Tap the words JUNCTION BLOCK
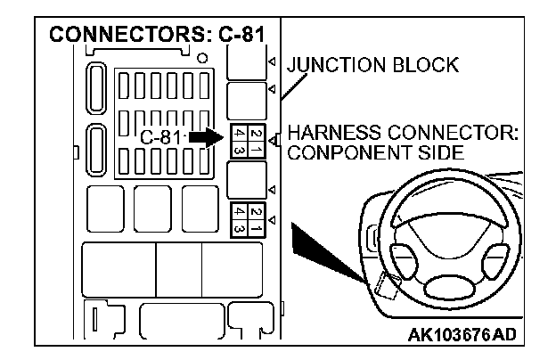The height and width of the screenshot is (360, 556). click(372, 65)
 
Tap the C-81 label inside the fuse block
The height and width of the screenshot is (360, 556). click(160, 138)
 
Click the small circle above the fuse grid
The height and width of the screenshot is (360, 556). click(204, 57)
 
